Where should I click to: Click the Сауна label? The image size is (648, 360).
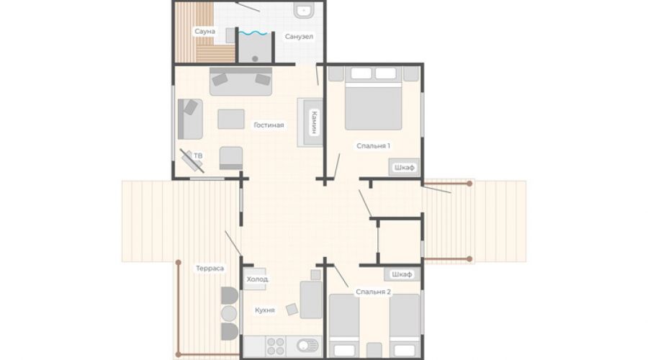click(x=205, y=32)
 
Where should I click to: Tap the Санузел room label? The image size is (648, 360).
click(x=299, y=37)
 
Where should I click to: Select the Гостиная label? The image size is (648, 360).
click(x=269, y=125)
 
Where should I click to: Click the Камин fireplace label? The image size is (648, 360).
click(x=314, y=122)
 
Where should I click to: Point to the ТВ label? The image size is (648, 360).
click(x=199, y=156)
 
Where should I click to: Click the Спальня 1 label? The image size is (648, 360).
click(x=373, y=145)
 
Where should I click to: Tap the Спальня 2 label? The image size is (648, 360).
click(x=373, y=292)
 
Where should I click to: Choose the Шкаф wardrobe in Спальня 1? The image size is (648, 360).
click(x=404, y=167)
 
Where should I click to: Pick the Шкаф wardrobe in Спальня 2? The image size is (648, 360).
click(x=402, y=274)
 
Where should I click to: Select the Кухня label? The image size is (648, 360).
click(x=265, y=310)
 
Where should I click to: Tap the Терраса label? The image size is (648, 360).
click(x=210, y=269)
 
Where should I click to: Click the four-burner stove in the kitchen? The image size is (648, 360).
click(x=276, y=346)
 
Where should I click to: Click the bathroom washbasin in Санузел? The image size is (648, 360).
click(x=304, y=11)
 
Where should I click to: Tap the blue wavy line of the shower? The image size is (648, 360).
click(x=253, y=33)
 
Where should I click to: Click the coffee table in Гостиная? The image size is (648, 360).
click(x=231, y=119)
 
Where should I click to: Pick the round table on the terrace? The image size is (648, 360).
click(x=229, y=314)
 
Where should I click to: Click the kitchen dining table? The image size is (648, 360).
click(x=311, y=300)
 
